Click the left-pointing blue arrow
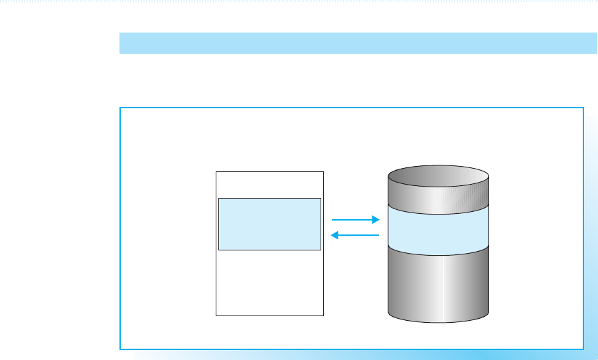355,234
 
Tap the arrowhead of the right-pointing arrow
376,219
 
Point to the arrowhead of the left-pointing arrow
334,234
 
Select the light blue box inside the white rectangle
269,224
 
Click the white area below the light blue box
269,282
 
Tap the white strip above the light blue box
269,184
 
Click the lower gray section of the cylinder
438,286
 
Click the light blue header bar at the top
358,43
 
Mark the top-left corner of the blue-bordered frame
120,107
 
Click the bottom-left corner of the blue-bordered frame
120,349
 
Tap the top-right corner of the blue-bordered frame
583,107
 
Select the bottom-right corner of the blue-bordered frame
583,349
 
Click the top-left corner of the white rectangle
216,171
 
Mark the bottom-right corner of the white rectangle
323,315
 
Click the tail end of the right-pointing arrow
332,219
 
